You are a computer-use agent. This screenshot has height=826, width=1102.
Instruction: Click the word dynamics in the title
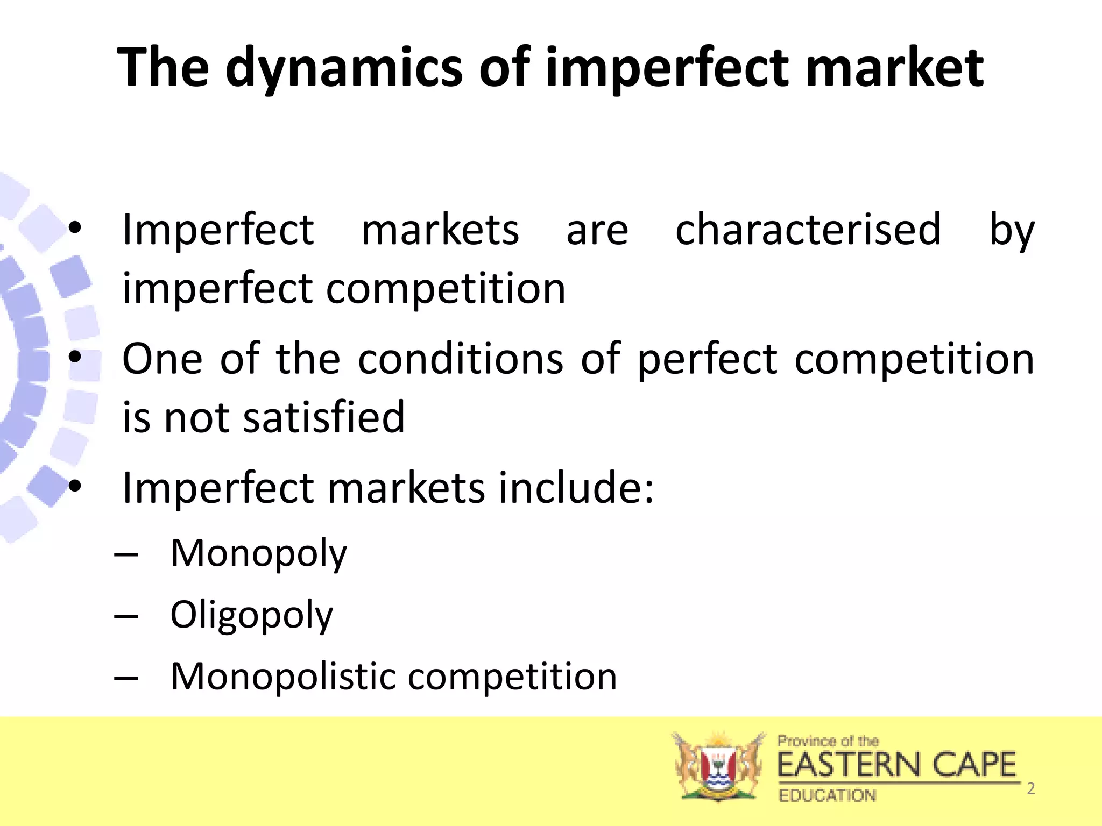point(344,68)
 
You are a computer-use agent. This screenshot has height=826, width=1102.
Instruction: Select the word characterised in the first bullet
point(808,230)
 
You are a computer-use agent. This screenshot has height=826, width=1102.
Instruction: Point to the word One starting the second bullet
point(163,359)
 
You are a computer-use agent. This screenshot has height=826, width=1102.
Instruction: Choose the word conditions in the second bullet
point(461,359)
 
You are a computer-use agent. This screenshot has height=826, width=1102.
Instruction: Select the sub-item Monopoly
point(259,553)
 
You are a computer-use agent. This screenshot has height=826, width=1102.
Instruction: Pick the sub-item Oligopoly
point(251,615)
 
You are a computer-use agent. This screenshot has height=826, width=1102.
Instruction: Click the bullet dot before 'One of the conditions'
point(75,357)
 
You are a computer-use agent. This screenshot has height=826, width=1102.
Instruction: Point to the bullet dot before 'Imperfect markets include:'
point(75,486)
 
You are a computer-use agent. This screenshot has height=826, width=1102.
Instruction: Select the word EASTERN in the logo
point(849,765)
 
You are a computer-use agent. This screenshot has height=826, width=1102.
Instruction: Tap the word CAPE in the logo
point(974,765)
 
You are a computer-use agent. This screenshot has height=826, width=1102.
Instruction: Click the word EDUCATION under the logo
point(827,795)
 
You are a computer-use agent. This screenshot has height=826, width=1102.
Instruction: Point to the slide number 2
point(1031,788)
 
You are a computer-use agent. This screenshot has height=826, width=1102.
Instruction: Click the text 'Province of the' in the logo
point(828,741)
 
